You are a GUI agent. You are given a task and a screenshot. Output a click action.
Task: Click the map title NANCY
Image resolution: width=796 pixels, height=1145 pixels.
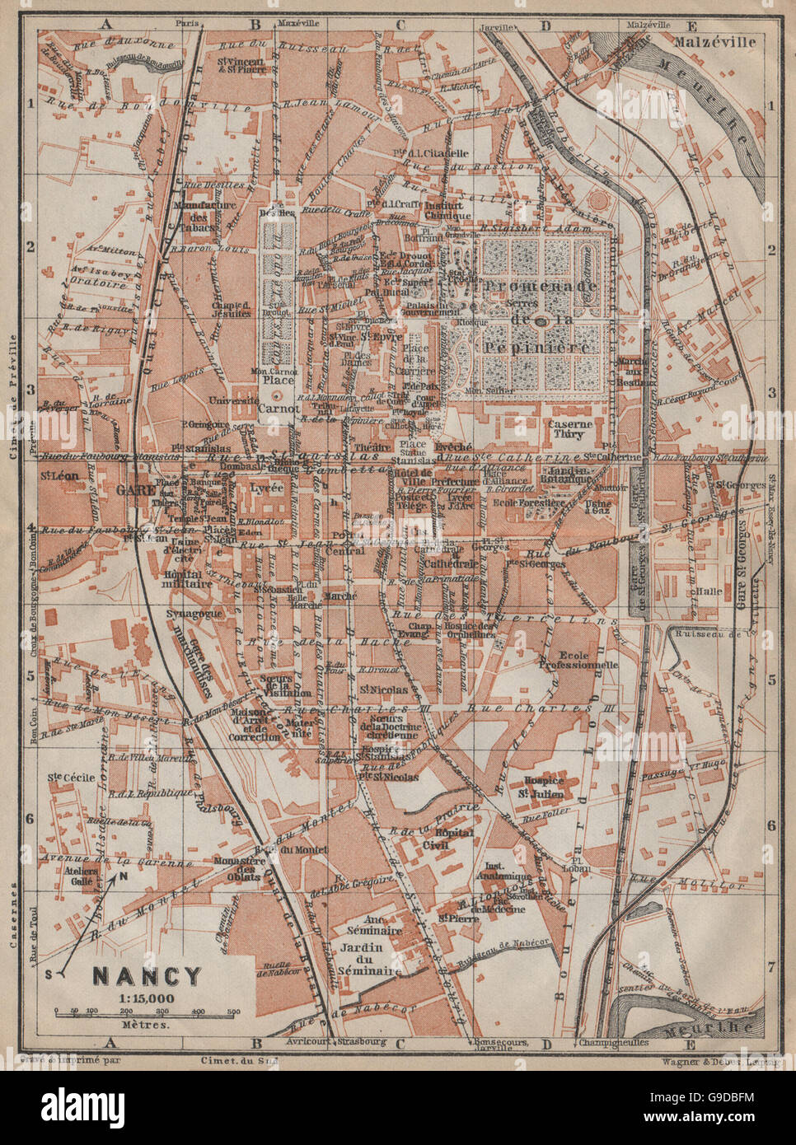click(x=146, y=977)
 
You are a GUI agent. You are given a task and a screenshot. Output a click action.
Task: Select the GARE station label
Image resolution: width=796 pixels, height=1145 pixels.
click(x=131, y=488)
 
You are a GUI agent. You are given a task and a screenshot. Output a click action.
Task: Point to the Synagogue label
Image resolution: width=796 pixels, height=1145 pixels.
click(x=169, y=614)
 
